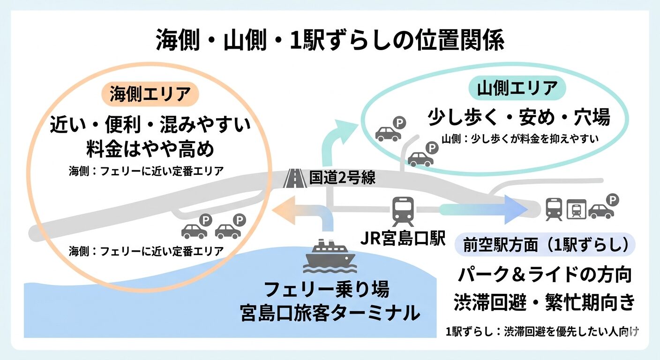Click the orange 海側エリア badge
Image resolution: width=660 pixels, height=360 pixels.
coord(150,94)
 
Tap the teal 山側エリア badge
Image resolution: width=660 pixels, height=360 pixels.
coord(517,88)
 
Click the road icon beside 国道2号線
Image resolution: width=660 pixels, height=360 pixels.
coord(295,178)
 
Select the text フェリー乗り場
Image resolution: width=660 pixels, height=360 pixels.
coord(327,290)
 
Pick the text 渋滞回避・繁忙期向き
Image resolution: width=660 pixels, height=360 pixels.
coord(545,301)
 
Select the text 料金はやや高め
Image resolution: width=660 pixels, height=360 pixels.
coord(150,150)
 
